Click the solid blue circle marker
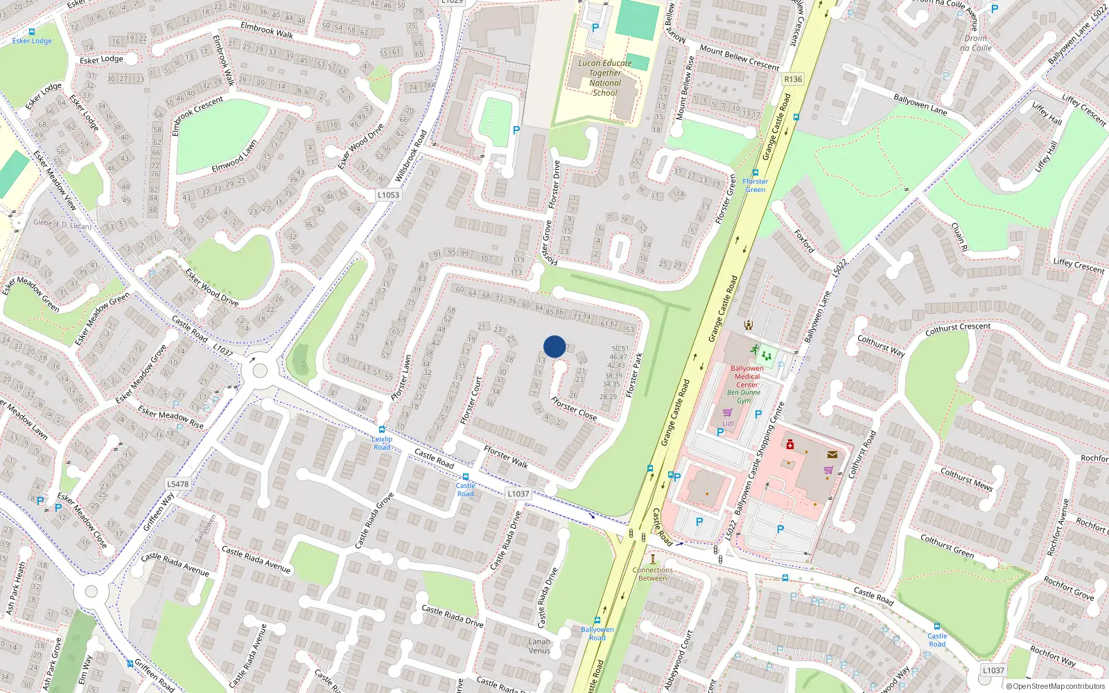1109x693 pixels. tap(554, 346)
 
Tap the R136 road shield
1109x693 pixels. tap(793, 79)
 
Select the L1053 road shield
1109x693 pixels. tap(388, 195)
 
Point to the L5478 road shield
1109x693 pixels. tap(178, 484)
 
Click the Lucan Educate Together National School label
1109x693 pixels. tap(605, 78)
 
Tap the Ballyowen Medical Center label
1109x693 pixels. tap(746, 376)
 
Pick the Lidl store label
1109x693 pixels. tap(728, 423)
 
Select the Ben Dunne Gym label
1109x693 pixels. tap(744, 396)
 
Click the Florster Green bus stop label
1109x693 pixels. tap(756, 185)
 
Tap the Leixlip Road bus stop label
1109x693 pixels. tap(382, 443)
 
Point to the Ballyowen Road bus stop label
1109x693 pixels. tap(597, 633)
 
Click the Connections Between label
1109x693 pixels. tap(652, 574)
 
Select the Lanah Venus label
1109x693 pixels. tap(539, 646)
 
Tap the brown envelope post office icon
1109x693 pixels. tap(832, 455)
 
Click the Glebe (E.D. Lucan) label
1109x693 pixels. tap(62, 224)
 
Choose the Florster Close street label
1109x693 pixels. tap(574, 408)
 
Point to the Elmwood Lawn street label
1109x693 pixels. tap(234, 157)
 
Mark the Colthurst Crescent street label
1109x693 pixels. tap(958, 329)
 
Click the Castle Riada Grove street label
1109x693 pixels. tap(374, 520)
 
